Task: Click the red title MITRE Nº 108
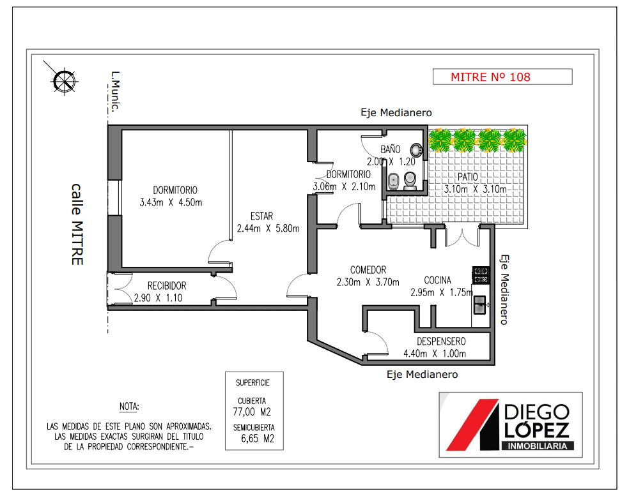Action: (490, 77)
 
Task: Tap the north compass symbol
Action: (64, 81)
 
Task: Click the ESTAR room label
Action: (261, 216)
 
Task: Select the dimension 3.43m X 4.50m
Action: (171, 202)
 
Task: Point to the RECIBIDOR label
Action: (167, 285)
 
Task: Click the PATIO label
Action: (468, 177)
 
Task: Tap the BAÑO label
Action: (391, 149)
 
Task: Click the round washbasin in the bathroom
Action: (416, 150)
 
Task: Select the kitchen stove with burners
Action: (481, 275)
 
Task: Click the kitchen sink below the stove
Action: (480, 305)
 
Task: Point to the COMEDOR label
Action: (368, 269)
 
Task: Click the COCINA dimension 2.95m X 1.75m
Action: (442, 292)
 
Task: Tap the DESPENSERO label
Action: (441, 342)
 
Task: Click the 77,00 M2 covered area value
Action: (252, 412)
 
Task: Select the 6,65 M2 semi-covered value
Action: (258, 439)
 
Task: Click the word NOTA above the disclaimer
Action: (129, 406)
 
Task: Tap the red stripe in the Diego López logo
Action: (472, 425)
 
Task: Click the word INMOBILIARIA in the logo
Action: (538, 446)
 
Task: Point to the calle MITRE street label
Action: (77, 224)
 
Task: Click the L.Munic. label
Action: (116, 92)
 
